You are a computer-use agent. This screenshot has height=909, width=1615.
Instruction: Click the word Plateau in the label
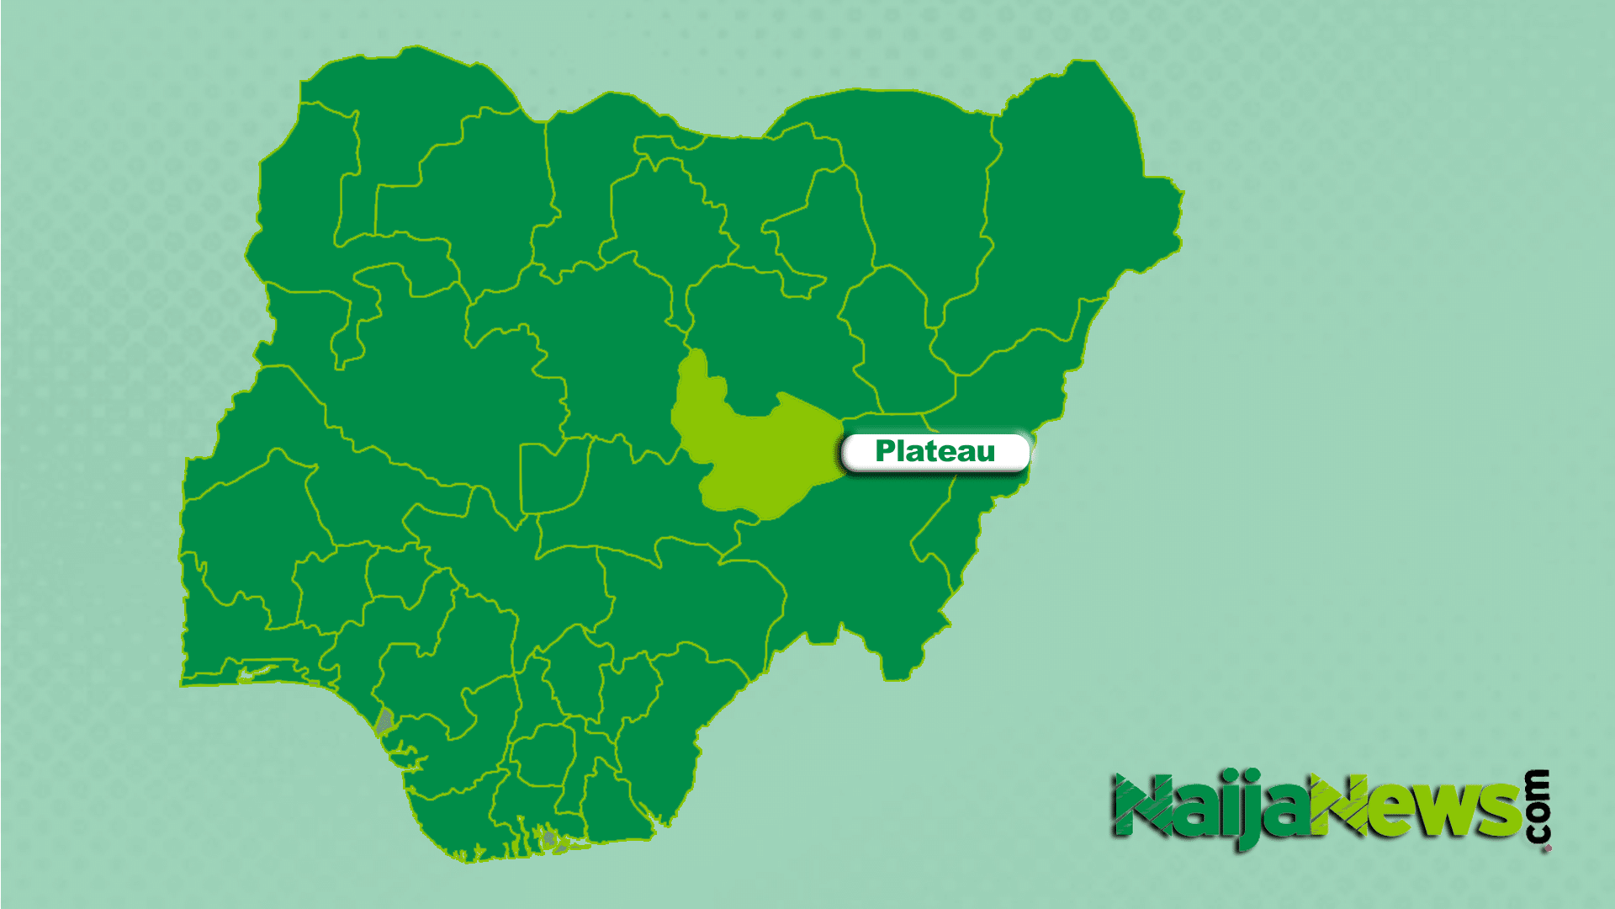pyautogui.click(x=935, y=452)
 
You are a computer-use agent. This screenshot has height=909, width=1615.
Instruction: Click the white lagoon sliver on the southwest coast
pyautogui.click(x=257, y=672)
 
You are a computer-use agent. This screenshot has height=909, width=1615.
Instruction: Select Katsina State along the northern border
pyautogui.click(x=589, y=185)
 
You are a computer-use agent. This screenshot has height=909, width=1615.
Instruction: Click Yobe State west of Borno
pyautogui.click(x=917, y=194)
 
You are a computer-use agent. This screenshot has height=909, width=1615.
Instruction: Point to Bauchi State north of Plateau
pyautogui.click(x=774, y=337)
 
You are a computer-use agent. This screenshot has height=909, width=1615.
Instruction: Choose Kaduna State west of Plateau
pyautogui.click(x=606, y=353)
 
